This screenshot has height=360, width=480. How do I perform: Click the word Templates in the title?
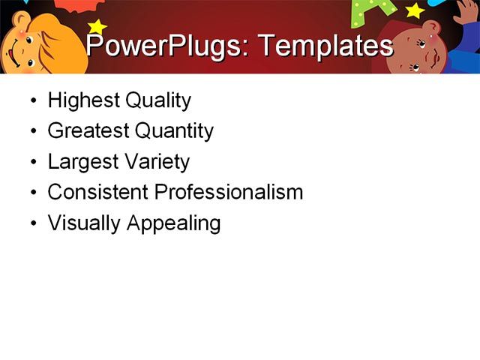(325, 46)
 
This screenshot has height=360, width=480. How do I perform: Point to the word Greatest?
(87, 131)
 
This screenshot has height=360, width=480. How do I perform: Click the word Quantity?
(174, 131)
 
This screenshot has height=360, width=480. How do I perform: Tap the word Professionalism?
(228, 192)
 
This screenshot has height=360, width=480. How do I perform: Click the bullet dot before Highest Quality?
(33, 101)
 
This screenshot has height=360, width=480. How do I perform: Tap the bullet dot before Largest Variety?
(33, 163)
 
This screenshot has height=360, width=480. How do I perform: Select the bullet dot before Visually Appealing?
(33, 223)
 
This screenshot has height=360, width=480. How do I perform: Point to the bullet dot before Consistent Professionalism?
(33, 193)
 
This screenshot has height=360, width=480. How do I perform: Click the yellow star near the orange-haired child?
(97, 27)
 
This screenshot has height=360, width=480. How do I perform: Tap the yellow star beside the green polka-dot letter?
(414, 10)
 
